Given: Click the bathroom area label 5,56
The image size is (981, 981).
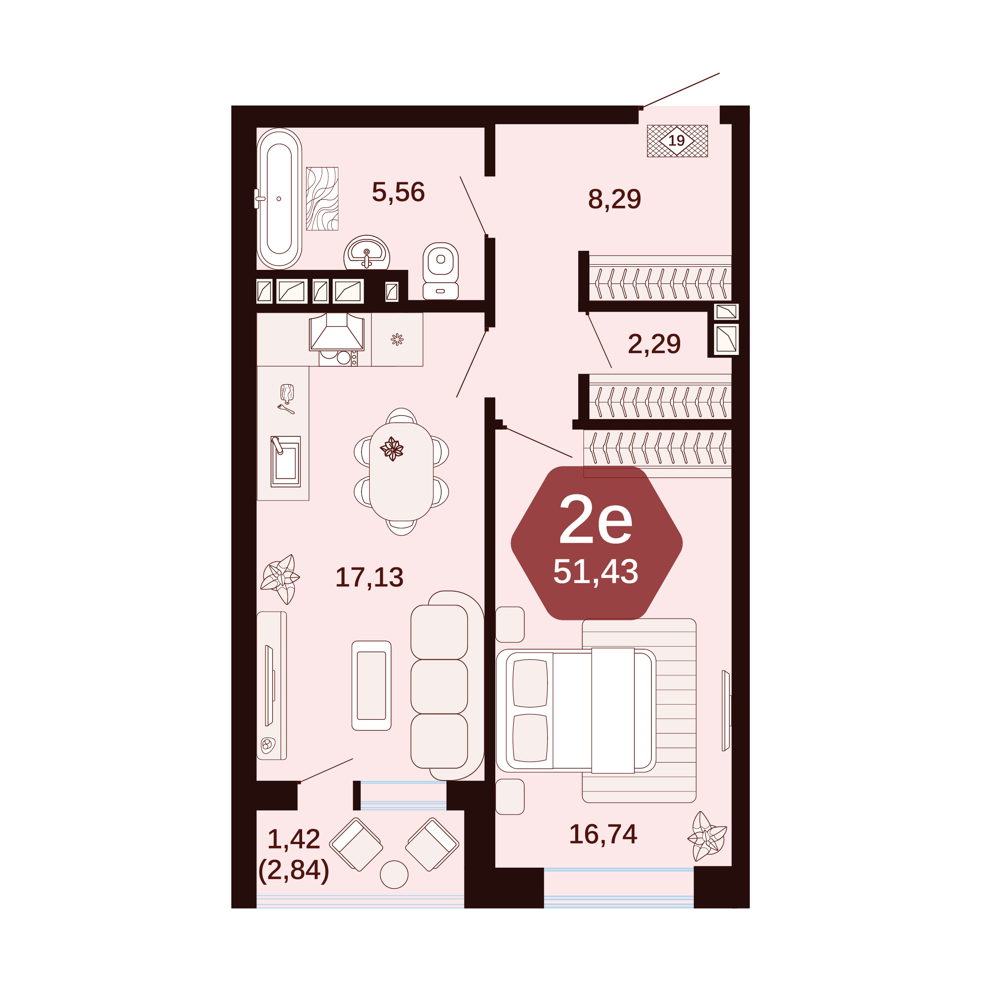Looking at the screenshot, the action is [398, 192].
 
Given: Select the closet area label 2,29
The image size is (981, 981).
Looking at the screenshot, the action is [654, 344].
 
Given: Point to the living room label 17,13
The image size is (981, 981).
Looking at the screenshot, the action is [369, 577].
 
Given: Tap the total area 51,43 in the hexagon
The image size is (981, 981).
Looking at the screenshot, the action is [595, 571].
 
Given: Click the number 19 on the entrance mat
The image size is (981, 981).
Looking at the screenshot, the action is [676, 141].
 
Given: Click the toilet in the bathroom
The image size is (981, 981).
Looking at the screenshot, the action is [440, 271].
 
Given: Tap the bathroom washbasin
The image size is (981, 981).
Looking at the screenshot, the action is [367, 252].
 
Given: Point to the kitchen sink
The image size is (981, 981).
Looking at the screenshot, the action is [286, 461].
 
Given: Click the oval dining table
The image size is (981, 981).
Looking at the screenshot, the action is [401, 472].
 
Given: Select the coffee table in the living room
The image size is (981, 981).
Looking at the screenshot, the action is [371, 685].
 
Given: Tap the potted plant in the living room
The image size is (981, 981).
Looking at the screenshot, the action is [280, 579].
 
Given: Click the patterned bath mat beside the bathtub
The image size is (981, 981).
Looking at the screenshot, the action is [322, 198].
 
